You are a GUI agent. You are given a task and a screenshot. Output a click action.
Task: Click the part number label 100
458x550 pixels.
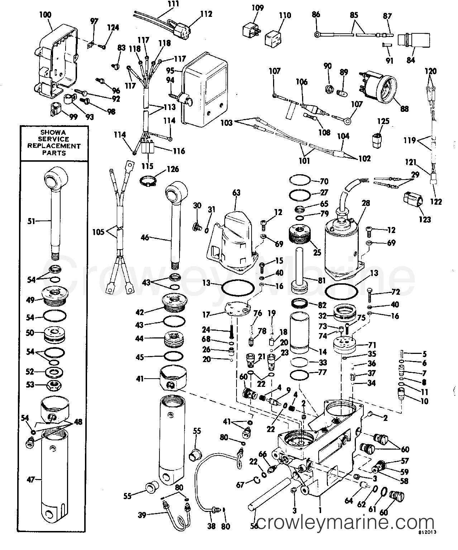point(45,15)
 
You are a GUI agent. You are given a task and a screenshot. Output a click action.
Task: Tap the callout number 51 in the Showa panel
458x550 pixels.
point(31,221)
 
